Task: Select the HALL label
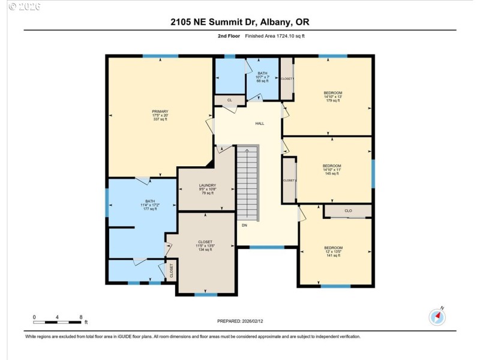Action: (x=260, y=124)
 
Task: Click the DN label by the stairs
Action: (x=244, y=226)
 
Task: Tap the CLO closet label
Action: (x=348, y=211)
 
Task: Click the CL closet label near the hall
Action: (x=229, y=100)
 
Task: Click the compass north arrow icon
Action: (x=437, y=316)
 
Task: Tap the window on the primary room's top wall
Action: (x=160, y=56)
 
